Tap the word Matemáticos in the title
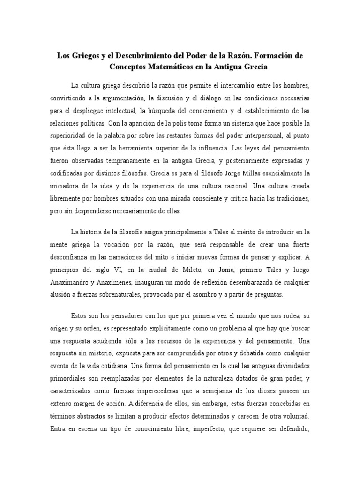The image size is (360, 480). click(173, 67)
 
